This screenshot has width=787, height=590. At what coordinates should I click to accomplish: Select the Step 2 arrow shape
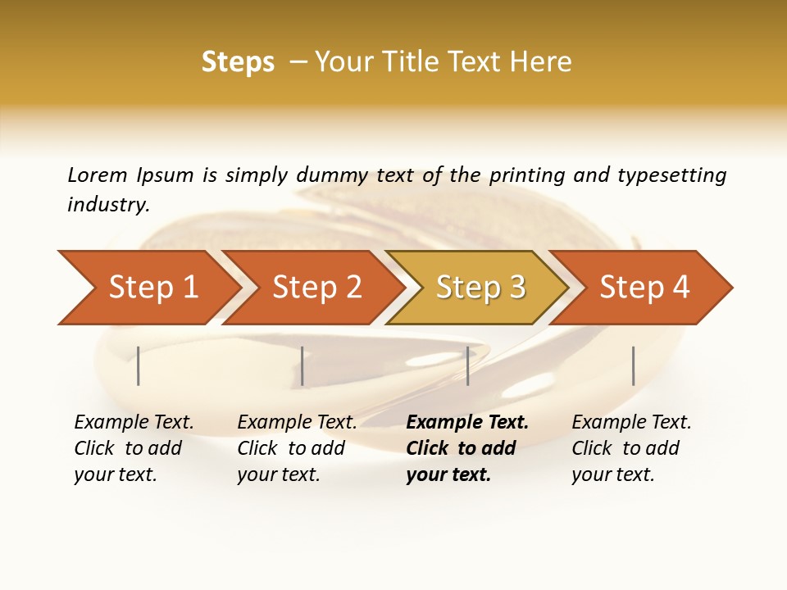316,287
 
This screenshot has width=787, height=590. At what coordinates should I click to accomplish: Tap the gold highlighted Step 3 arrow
480,287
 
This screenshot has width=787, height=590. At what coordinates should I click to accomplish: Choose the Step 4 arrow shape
644,287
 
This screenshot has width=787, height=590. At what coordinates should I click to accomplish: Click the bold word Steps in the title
238,61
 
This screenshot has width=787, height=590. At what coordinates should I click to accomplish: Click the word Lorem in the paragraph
97,175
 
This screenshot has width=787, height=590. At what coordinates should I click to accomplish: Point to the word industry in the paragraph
107,204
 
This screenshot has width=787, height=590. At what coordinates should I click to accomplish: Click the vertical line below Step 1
139,365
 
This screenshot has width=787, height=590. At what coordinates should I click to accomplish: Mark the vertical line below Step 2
303,365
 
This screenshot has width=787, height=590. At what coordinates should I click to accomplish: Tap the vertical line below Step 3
467,365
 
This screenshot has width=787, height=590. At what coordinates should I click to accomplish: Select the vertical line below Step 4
633,365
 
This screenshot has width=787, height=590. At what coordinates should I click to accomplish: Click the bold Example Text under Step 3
467,422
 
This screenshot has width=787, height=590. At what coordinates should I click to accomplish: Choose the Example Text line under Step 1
134,422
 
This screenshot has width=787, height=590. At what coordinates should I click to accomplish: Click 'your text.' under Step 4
612,474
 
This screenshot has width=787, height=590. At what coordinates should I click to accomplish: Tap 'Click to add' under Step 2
291,448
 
